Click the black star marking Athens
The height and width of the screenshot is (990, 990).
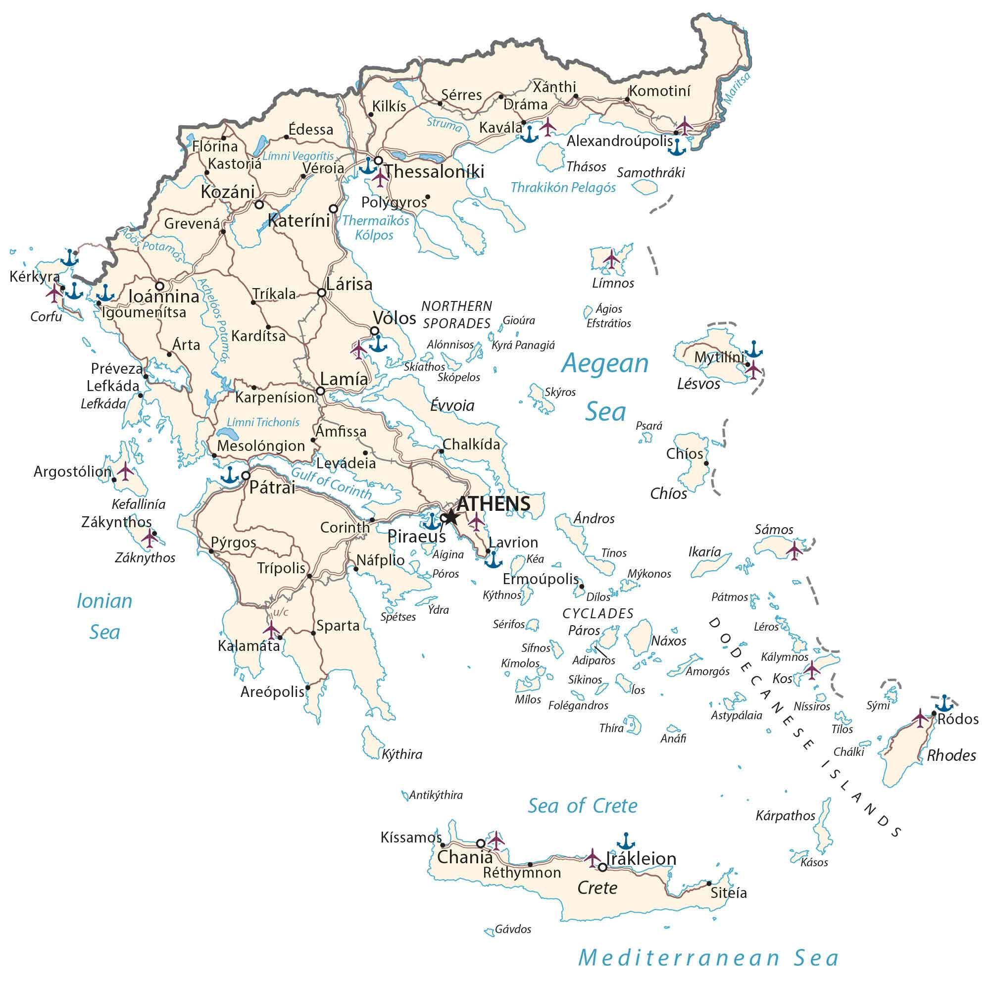tap(450, 517)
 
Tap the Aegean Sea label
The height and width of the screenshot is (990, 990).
tap(605, 387)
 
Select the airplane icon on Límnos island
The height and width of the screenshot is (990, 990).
tap(611, 258)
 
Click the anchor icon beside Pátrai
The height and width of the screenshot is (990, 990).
tap(230, 475)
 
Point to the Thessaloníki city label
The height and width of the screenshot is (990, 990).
tap(434, 172)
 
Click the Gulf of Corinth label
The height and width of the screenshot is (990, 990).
tap(332, 483)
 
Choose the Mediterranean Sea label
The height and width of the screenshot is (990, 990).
tap(709, 958)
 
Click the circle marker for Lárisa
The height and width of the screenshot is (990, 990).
tap(321, 293)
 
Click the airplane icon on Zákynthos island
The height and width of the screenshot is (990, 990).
tap(149, 538)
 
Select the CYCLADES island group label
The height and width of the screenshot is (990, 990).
tap(597, 613)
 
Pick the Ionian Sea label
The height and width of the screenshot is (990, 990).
tap(104, 616)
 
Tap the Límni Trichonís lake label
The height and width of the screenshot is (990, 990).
tap(263, 422)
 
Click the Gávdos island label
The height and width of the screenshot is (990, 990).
tap(512, 929)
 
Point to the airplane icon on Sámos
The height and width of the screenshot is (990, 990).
tap(794, 550)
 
